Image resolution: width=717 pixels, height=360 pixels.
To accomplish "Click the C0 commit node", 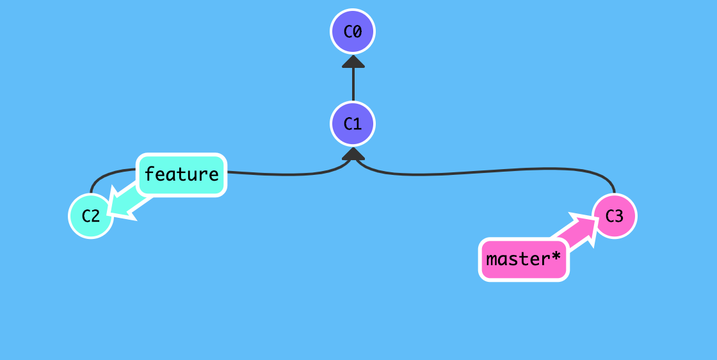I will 353,31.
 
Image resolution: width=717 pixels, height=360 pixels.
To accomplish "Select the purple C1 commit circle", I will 353,124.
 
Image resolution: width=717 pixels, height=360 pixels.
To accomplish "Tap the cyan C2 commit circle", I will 91,216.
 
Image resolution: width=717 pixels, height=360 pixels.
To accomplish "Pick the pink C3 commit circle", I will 614,216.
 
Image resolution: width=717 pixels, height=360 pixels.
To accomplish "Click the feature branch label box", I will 182,174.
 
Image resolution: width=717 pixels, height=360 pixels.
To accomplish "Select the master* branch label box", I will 524,260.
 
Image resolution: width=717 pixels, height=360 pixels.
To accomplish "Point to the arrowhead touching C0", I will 353,61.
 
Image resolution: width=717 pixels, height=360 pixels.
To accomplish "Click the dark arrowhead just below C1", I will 353,154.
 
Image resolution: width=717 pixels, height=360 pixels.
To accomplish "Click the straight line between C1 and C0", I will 353,84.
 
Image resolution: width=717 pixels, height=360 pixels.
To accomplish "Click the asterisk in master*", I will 556,258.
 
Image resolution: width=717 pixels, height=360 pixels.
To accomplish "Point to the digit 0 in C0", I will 358,31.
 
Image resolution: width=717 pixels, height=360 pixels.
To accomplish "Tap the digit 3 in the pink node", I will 619,216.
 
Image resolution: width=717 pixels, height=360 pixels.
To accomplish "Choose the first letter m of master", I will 492,260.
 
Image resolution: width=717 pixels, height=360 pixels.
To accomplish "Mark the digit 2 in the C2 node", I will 96,216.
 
